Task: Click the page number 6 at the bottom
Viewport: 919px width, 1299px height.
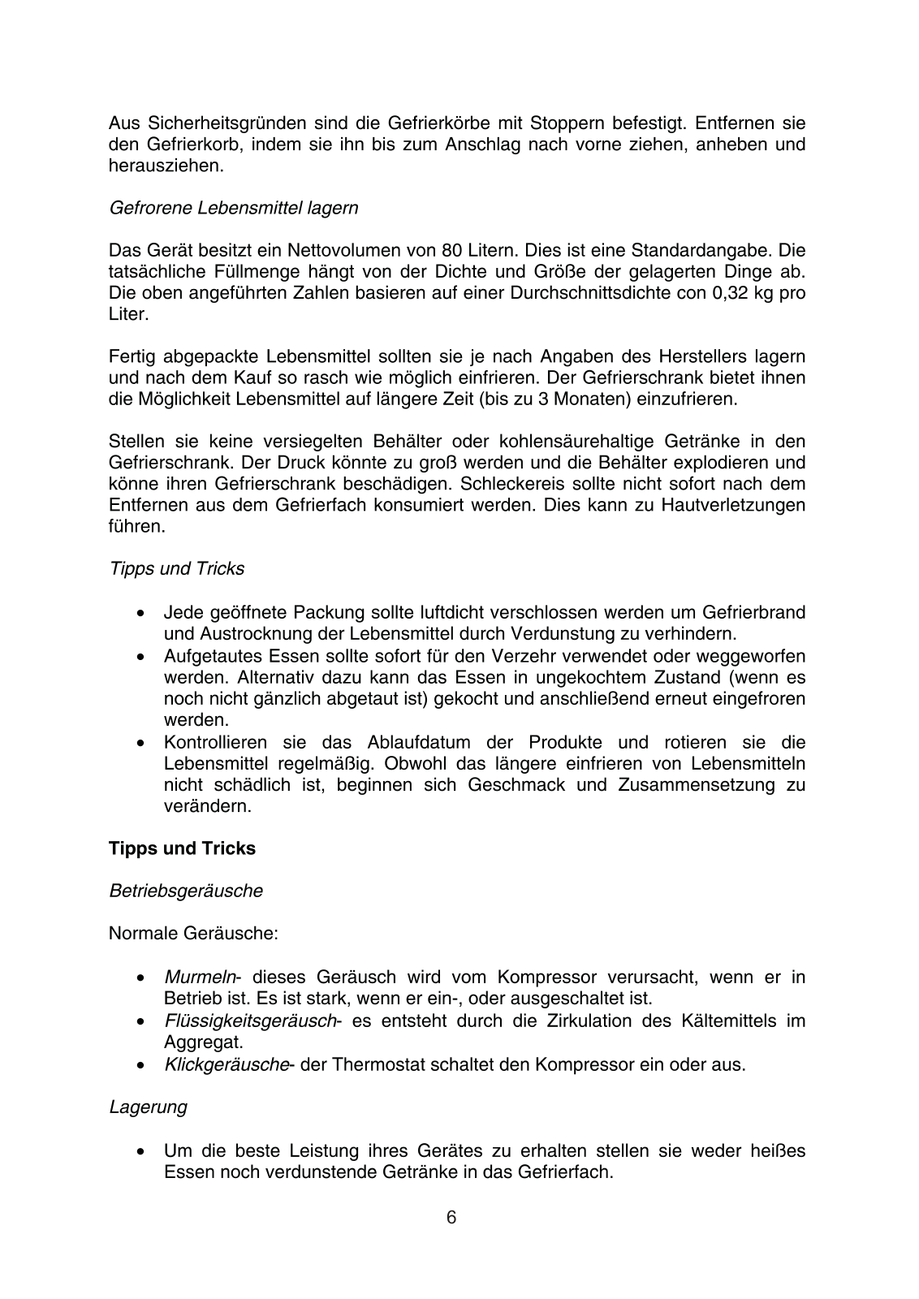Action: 451,1217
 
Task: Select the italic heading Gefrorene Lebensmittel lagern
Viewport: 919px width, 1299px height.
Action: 233,208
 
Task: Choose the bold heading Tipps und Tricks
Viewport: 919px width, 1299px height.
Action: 182,848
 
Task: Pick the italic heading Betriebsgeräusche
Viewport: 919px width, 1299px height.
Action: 186,891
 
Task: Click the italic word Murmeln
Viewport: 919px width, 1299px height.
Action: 200,977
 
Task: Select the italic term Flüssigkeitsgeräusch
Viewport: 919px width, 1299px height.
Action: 249,1021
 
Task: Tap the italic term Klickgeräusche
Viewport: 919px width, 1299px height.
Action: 226,1064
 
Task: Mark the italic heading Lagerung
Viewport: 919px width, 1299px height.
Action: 148,1107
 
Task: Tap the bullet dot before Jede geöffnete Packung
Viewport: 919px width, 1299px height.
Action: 143,613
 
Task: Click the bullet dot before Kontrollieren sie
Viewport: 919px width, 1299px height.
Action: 143,743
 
